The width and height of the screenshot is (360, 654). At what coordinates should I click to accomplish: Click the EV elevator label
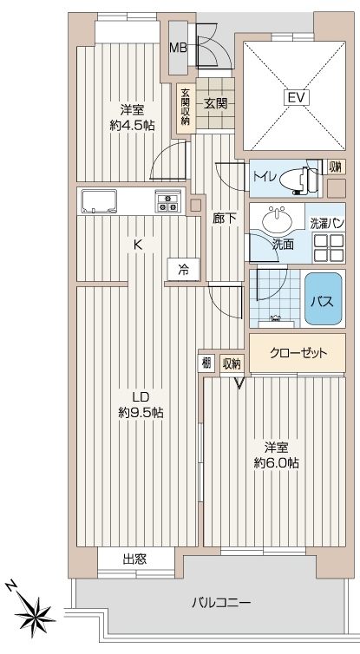[x=297, y=98]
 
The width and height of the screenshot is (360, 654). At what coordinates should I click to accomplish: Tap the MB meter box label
[x=178, y=47]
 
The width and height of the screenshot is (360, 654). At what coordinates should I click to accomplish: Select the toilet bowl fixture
[x=298, y=180]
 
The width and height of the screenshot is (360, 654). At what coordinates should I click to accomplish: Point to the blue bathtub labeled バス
[x=324, y=298]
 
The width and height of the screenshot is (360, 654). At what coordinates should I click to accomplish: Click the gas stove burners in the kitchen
[x=168, y=201]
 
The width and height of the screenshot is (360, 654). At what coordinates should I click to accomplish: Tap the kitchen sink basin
[x=99, y=201]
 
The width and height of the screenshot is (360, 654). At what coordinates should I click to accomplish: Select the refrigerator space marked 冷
[x=184, y=270]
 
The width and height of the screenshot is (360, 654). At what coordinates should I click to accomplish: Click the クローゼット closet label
[x=298, y=353]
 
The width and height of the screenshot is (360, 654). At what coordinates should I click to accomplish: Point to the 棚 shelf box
[x=206, y=362]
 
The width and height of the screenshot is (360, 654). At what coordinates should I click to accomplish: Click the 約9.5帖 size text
[x=141, y=413]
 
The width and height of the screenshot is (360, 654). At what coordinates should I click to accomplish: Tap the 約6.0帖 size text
[x=276, y=462]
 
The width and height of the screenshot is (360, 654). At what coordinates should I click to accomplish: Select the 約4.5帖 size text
[x=132, y=125]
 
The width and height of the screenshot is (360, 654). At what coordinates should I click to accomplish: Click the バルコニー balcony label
[x=221, y=603]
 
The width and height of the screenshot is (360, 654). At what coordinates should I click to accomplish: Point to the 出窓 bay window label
[x=134, y=559]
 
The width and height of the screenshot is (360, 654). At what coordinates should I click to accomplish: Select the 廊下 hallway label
[x=225, y=218]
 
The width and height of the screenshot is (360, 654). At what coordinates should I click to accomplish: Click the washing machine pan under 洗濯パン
[x=328, y=247]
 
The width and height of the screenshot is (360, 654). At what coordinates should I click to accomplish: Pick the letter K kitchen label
[x=137, y=245]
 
